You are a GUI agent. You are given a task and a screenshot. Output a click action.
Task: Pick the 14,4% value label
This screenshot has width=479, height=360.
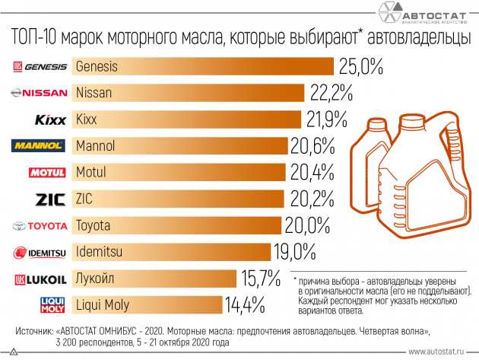(244, 306)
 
